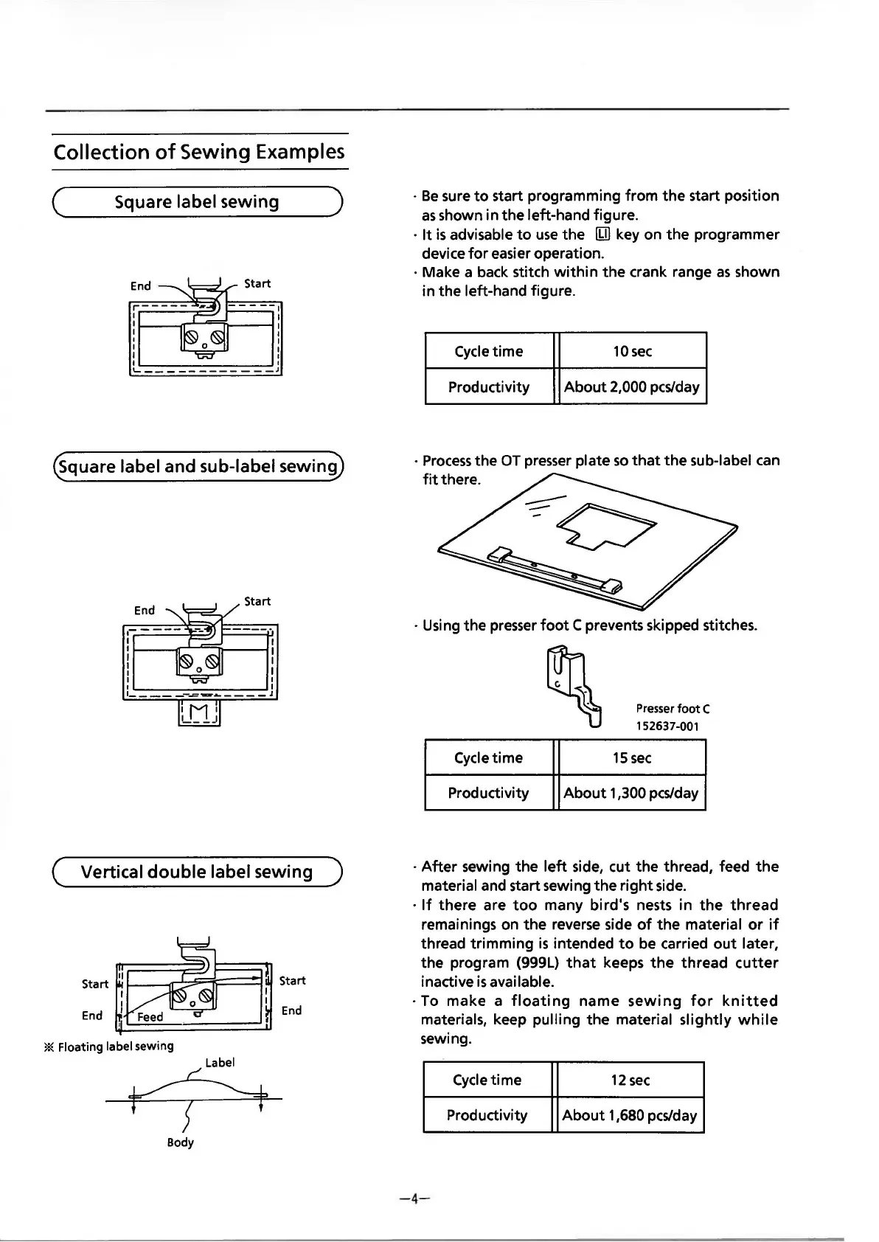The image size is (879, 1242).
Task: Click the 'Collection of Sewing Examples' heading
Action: point(199,152)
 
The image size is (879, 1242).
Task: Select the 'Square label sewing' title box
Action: point(197,202)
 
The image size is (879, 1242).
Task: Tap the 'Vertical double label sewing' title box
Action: point(197,872)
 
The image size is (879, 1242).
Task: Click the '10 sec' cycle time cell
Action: point(632,351)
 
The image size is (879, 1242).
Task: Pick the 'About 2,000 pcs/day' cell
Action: point(632,386)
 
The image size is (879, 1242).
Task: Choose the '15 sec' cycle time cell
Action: point(631,757)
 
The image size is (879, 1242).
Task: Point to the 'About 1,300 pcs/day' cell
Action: point(631,793)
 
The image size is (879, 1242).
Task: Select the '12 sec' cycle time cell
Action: point(630,1080)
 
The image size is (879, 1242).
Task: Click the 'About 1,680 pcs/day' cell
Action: point(630,1115)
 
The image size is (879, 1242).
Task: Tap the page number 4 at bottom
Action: point(414,1198)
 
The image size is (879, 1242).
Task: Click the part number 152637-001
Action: point(667,726)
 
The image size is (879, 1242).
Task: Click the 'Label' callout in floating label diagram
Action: point(220,1063)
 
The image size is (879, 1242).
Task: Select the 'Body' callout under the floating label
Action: point(180,1142)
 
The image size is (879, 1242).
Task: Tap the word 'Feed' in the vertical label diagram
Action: point(150,1017)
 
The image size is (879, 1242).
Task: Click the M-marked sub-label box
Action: point(200,712)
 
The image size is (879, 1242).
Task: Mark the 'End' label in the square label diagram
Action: point(141,286)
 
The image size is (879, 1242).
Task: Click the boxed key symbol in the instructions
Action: point(603,235)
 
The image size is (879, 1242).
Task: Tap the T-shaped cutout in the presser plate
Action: point(606,527)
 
